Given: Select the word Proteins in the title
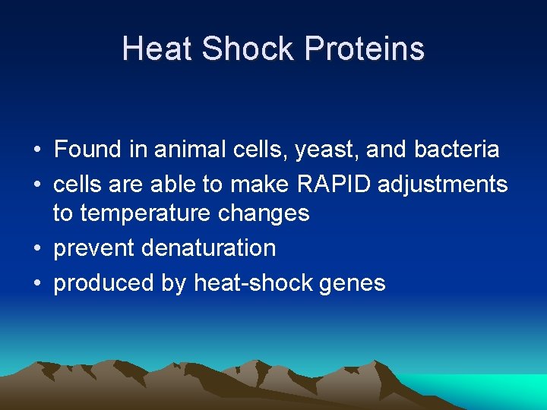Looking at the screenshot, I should [x=364, y=49].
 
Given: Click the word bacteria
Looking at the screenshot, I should [x=457, y=149].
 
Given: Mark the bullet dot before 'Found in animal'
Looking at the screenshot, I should [x=37, y=150].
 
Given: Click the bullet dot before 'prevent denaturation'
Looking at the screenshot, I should [x=37, y=249].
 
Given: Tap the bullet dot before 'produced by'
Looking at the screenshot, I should [x=37, y=284].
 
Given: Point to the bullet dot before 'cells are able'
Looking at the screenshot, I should [x=37, y=184].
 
